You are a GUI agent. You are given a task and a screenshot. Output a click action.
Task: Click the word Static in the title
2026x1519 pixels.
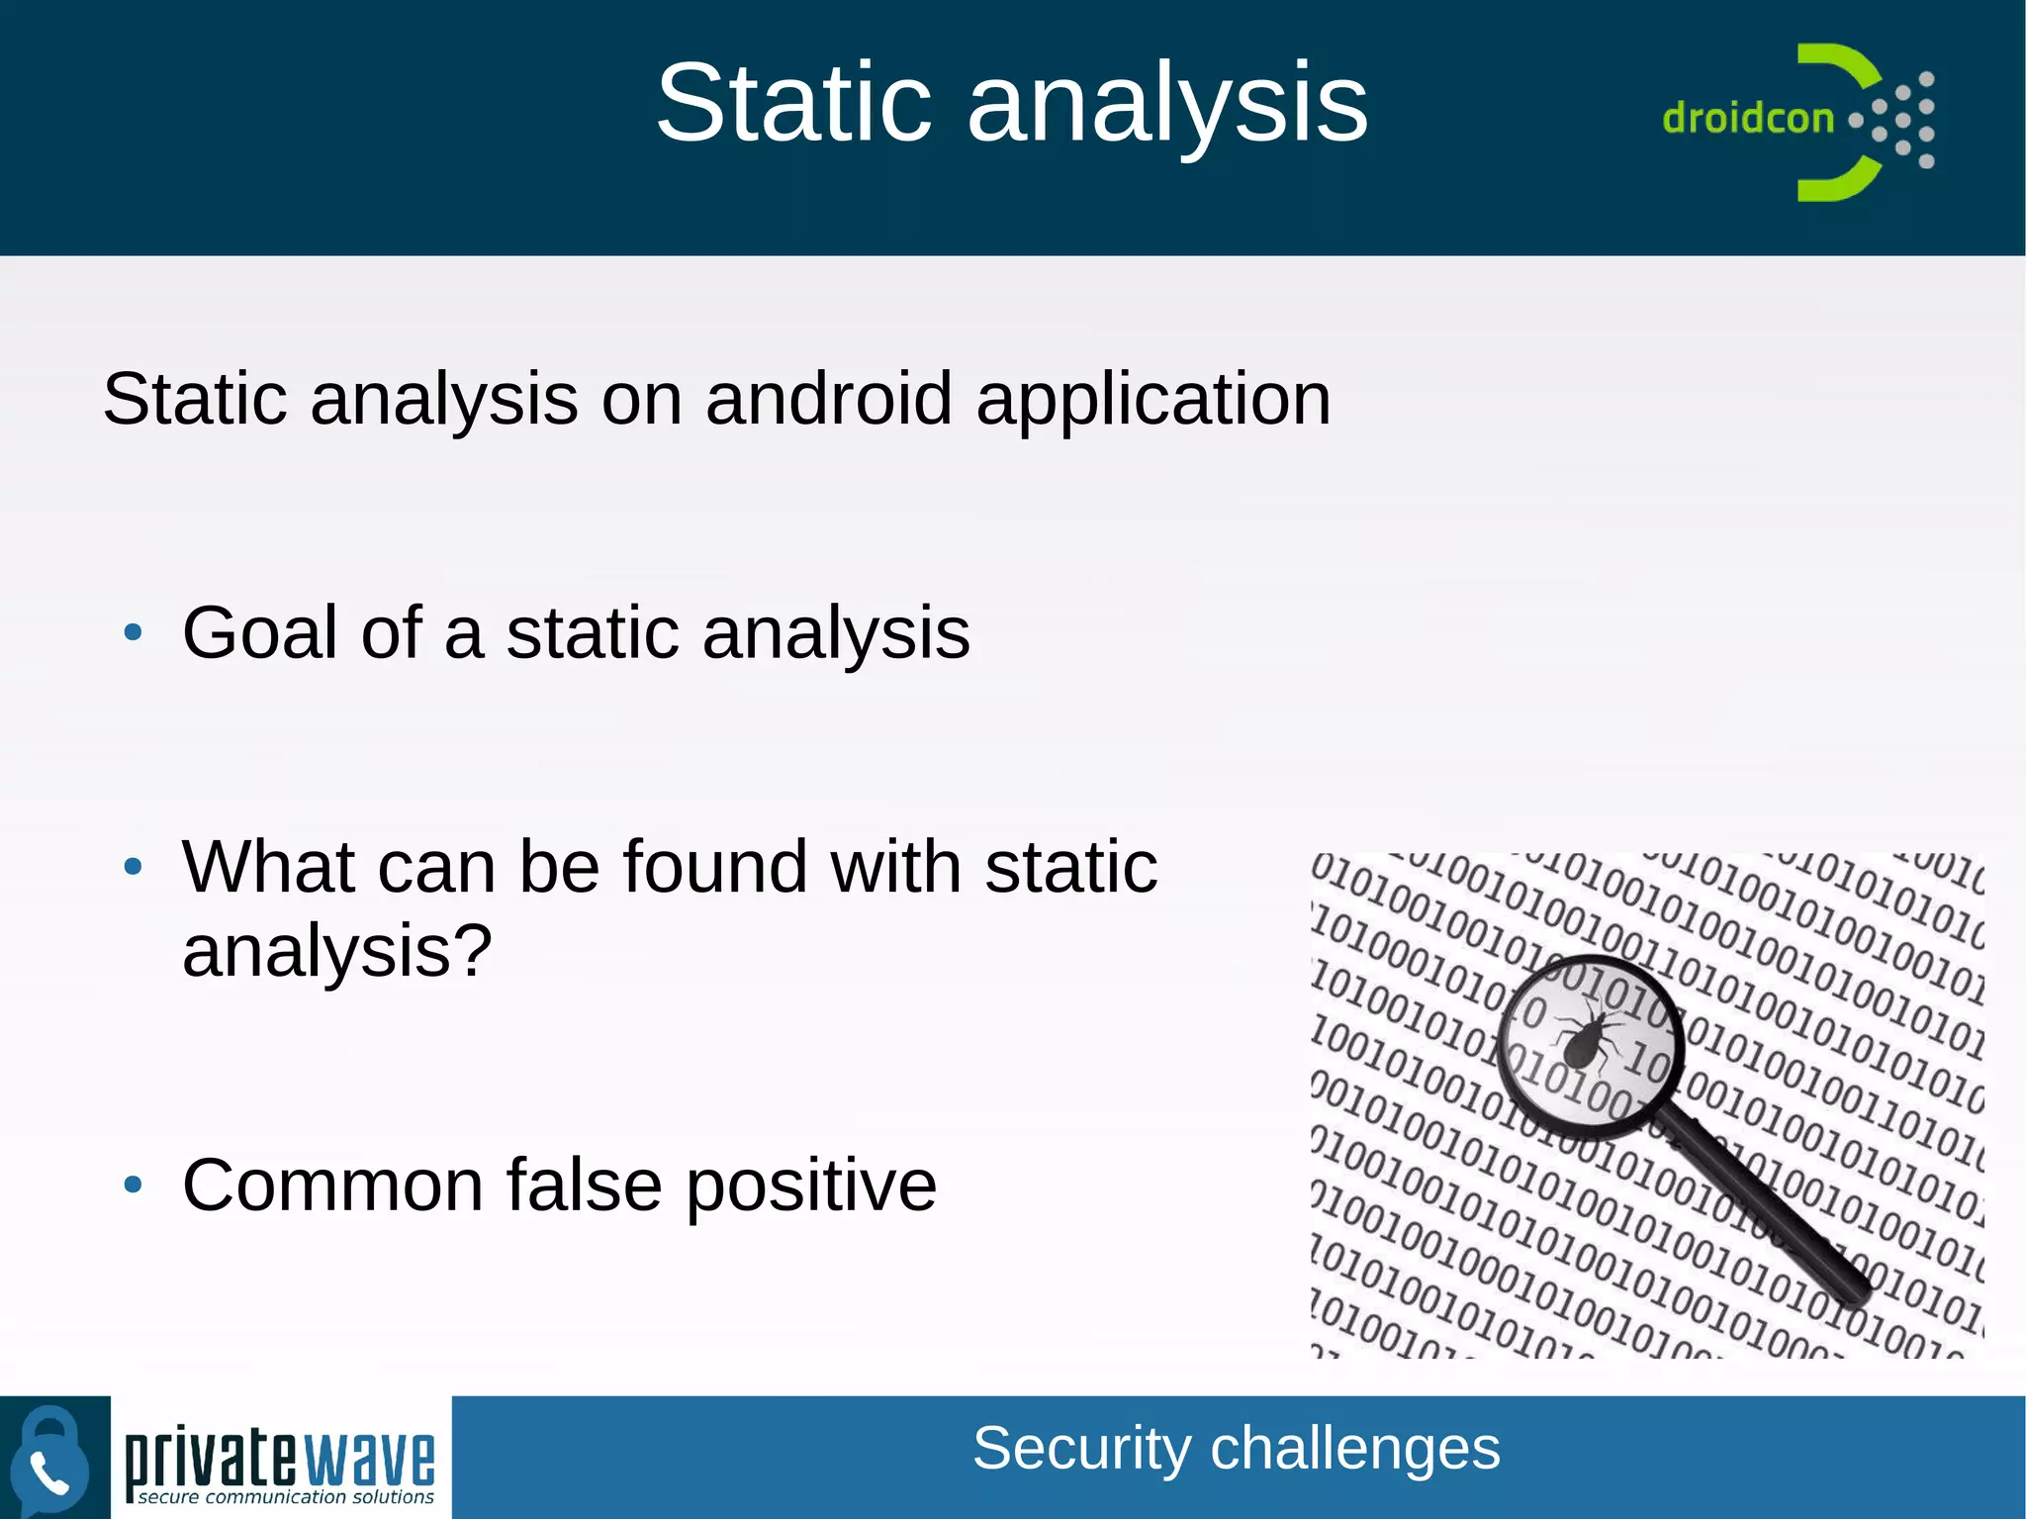[x=793, y=103]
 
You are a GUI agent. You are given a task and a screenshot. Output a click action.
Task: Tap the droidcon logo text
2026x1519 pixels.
[x=1747, y=119]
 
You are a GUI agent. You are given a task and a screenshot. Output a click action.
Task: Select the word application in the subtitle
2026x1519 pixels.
[x=1153, y=401]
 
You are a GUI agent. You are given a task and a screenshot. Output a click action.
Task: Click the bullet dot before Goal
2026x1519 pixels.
[x=134, y=632]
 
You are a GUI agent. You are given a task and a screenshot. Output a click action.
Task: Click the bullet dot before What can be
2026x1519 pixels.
[x=134, y=868]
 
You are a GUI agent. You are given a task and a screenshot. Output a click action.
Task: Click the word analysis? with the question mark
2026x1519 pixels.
[x=337, y=952]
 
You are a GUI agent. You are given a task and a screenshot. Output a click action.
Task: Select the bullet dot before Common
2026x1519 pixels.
[x=134, y=1185]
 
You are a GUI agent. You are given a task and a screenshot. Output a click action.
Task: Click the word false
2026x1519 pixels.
[x=584, y=1185]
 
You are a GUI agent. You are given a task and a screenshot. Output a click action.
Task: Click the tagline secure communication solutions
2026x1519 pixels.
[x=286, y=1497]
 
